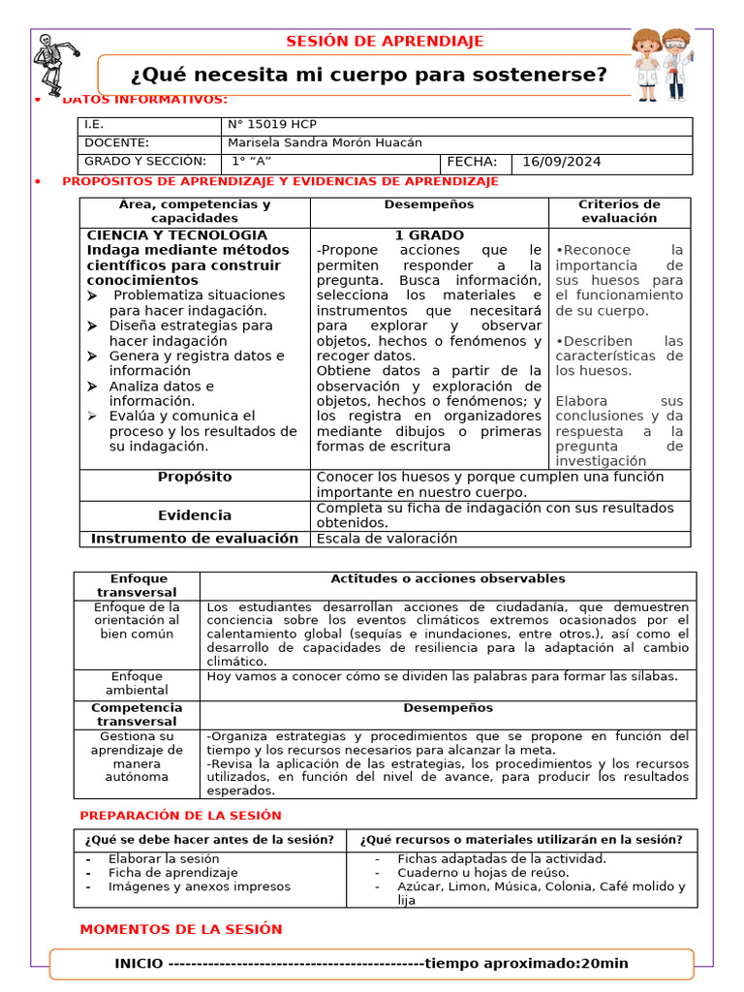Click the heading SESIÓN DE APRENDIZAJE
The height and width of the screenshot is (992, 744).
pyautogui.click(x=385, y=41)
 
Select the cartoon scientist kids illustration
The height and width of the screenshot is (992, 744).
pyautogui.click(x=663, y=64)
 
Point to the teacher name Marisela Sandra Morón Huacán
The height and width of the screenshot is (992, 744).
pyautogui.click(x=325, y=142)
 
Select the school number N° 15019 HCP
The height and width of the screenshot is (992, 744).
pyautogui.click(x=271, y=125)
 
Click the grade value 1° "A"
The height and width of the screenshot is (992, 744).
pyautogui.click(x=251, y=162)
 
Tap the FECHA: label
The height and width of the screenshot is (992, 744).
pyautogui.click(x=472, y=162)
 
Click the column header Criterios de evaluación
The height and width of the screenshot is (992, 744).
pyautogui.click(x=619, y=211)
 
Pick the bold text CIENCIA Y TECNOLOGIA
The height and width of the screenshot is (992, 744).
pyautogui.click(x=177, y=235)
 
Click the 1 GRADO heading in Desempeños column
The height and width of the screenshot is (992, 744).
pyautogui.click(x=429, y=235)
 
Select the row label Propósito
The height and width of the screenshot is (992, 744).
pyautogui.click(x=195, y=477)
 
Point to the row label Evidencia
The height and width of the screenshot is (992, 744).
pyautogui.click(x=195, y=515)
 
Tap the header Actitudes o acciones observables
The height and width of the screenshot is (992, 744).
pyautogui.click(x=448, y=578)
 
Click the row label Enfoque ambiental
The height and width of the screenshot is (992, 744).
pyautogui.click(x=137, y=683)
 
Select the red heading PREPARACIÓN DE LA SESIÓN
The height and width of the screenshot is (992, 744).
pyautogui.click(x=180, y=816)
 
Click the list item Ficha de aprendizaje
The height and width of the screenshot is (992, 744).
pyautogui.click(x=172, y=873)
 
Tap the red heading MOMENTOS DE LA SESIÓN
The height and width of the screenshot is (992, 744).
pyautogui.click(x=181, y=929)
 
